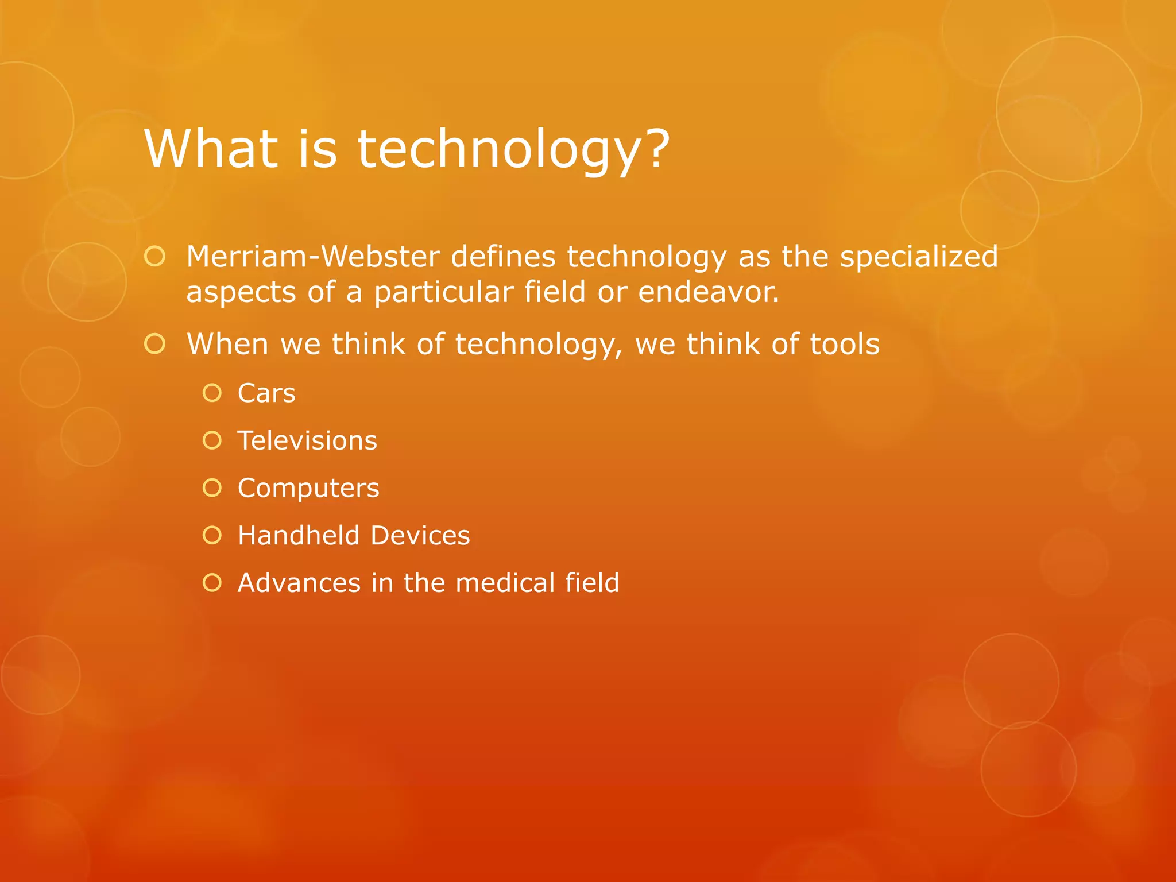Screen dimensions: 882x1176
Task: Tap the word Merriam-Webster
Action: point(313,256)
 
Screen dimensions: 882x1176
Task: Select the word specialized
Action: point(919,257)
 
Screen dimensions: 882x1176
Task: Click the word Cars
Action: point(266,393)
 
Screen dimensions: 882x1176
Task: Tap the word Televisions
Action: point(307,441)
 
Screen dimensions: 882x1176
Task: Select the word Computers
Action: point(308,489)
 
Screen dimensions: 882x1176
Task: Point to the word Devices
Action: point(420,535)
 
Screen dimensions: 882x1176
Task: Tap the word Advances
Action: point(299,583)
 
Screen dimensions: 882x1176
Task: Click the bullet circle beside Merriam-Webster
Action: point(155,256)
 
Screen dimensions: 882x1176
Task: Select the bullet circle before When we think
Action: point(155,344)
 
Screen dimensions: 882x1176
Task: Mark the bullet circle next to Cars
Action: point(212,393)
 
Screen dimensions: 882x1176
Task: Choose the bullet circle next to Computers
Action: point(212,488)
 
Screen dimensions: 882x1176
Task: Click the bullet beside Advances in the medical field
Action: point(212,583)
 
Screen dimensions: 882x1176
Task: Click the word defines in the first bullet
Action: point(503,256)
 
